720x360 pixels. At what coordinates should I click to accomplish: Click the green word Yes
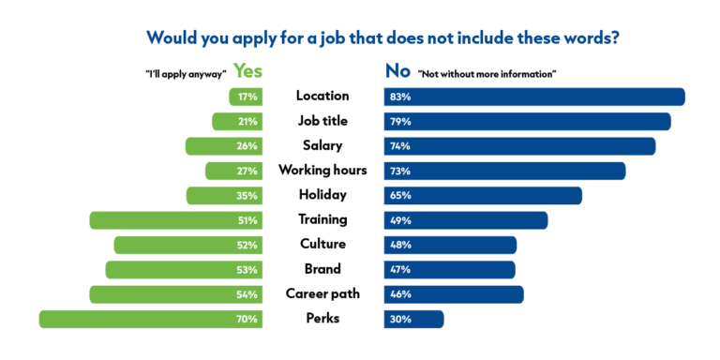pos(247,70)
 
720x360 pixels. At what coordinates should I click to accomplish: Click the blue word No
pos(397,70)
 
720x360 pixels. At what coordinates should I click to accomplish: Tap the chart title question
pos(384,37)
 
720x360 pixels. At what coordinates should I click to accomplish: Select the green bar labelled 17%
pos(246,97)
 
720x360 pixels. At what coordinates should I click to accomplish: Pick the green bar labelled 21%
pos(237,121)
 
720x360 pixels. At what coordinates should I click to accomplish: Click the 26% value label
pos(248,146)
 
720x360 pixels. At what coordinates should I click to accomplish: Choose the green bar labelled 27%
pos(234,171)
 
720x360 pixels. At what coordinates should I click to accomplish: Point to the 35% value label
pos(248,196)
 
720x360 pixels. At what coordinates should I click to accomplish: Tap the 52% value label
pos(248,245)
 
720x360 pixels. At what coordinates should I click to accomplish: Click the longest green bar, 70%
pos(151,319)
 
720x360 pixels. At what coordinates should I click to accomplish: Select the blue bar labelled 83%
pos(534,97)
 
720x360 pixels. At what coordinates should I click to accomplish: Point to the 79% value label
pos(401,121)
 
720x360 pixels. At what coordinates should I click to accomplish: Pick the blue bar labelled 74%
pos(519,146)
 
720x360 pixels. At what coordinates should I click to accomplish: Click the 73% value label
pos(401,171)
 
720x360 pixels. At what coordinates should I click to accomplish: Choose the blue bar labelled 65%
pos(483,196)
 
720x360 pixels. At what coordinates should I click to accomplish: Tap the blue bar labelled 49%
pos(466,220)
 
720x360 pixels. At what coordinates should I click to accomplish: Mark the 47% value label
pos(401,270)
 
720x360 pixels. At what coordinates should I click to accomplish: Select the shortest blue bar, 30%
pos(413,319)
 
